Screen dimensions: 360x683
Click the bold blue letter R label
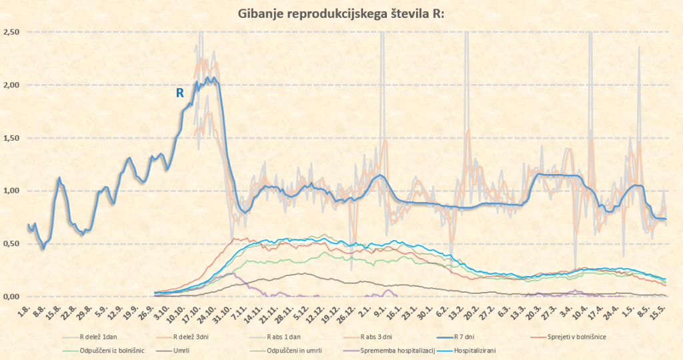[179, 93]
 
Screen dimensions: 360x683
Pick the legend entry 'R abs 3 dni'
[378, 337]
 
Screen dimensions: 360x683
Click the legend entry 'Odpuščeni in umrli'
[287, 350]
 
